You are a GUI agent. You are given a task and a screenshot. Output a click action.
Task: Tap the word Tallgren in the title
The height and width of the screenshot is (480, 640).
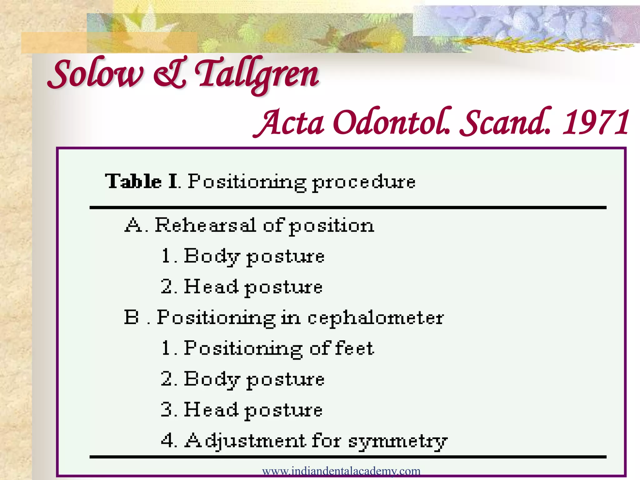coord(257,75)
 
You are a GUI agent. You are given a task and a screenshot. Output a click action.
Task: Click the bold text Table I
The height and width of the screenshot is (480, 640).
coord(142,181)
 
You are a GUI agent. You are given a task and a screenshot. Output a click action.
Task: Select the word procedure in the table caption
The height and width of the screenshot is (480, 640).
coord(364,182)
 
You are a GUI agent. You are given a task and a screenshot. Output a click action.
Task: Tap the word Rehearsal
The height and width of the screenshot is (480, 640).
coord(205,225)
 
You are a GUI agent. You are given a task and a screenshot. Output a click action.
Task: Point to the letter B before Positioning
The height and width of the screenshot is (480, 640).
coord(131,317)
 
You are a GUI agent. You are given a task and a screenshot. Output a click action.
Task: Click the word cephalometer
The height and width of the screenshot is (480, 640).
coord(375,318)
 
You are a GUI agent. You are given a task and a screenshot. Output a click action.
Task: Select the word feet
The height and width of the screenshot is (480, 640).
coord(354,348)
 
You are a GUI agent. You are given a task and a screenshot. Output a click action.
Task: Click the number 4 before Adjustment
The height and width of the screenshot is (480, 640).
coord(167,440)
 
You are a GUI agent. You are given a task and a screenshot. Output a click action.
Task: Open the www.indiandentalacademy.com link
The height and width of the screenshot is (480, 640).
coord(341,471)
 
